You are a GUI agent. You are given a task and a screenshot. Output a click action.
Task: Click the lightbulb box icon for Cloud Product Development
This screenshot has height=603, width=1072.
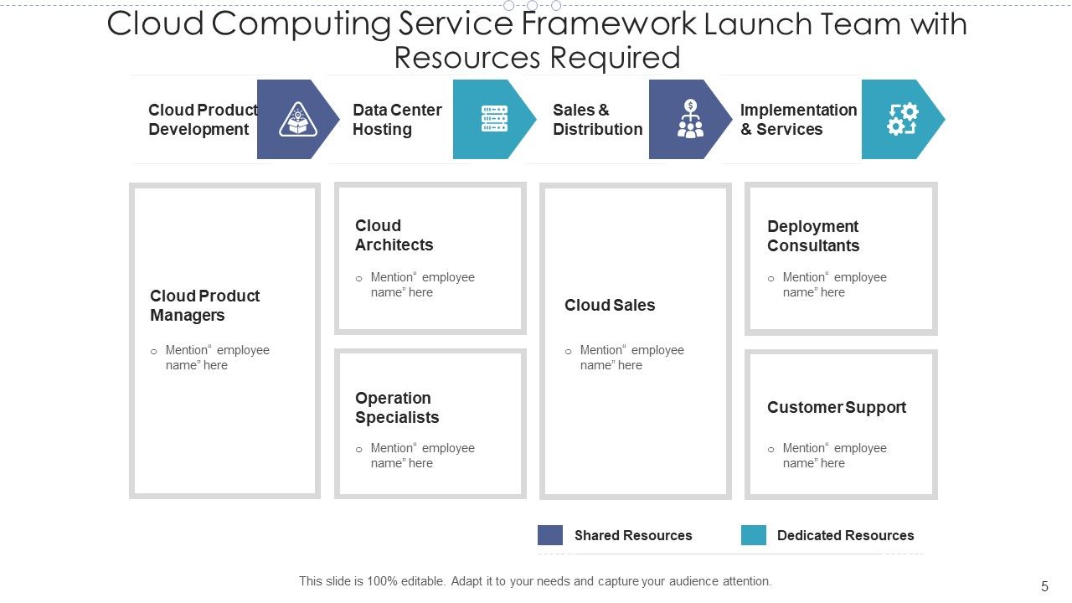tap(296, 119)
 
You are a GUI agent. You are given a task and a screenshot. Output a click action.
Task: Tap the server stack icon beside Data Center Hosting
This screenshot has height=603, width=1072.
tap(494, 119)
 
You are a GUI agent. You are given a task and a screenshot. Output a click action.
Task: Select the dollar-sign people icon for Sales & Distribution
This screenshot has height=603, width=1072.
tap(690, 119)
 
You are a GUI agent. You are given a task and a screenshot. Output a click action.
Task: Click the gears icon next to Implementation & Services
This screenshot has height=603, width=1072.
tap(902, 119)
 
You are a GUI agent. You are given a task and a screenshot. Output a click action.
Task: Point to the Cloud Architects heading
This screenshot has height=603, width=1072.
tap(394, 235)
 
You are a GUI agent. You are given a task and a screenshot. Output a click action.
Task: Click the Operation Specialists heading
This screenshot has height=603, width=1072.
tap(396, 408)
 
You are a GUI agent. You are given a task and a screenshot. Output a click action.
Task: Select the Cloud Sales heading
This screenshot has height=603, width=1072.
tap(610, 306)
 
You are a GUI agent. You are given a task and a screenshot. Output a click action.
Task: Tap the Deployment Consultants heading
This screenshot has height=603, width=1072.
tap(812, 236)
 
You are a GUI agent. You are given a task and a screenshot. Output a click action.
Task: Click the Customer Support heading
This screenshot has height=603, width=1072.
tap(836, 408)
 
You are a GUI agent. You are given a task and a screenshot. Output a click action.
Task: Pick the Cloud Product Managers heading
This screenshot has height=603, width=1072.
tap(204, 306)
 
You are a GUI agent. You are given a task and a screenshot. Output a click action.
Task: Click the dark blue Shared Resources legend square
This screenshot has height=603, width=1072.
tap(550, 535)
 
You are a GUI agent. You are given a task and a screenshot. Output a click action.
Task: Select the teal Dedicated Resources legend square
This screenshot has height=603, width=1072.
tap(754, 535)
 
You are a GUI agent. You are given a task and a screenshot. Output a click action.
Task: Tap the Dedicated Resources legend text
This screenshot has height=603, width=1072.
tap(845, 536)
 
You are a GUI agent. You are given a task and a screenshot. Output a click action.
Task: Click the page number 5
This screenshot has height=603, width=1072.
tap(1044, 586)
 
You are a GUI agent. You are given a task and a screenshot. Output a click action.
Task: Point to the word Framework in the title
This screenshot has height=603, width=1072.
tap(608, 23)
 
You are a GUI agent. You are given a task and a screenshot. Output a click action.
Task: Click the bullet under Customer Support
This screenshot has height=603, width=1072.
tap(770, 450)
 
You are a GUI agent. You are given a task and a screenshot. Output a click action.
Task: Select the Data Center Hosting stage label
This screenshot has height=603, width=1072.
tap(396, 120)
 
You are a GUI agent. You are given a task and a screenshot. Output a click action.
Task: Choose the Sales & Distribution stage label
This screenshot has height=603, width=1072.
tap(597, 120)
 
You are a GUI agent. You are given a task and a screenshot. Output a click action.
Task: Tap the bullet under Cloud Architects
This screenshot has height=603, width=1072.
tap(359, 279)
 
